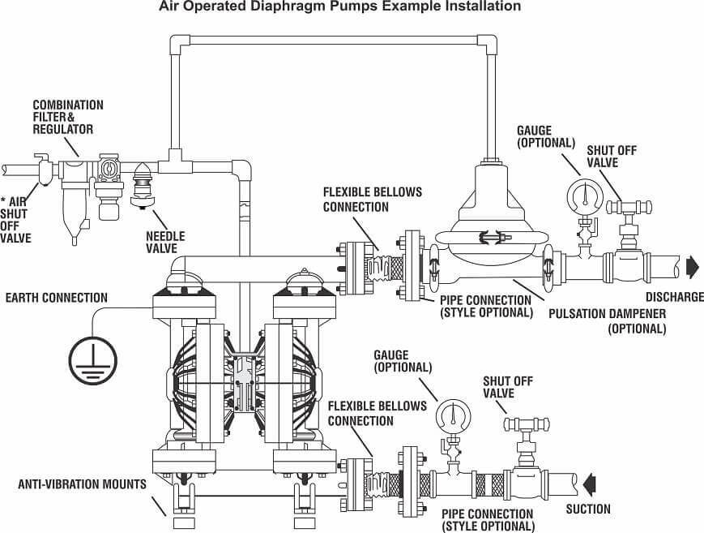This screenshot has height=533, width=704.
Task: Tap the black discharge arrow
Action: tap(692, 265)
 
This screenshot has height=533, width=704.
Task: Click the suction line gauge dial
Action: tap(452, 417)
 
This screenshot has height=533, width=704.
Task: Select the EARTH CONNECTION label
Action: tap(56, 297)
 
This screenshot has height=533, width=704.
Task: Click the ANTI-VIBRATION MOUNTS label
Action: tap(82, 485)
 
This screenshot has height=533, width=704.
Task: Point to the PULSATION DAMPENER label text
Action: tap(607, 313)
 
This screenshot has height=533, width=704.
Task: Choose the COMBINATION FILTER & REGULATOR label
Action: tap(68, 117)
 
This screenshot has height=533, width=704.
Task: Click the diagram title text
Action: tap(351, 7)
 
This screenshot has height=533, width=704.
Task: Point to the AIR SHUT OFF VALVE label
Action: tap(16, 220)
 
